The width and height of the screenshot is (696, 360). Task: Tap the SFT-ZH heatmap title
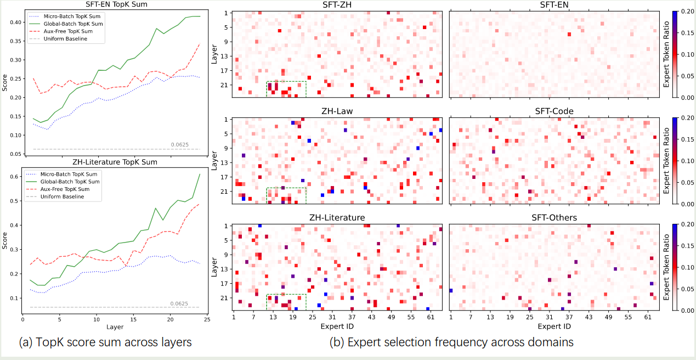(x=337, y=5)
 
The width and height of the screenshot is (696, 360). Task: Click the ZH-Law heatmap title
(x=337, y=111)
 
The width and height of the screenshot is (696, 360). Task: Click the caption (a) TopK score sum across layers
(x=105, y=342)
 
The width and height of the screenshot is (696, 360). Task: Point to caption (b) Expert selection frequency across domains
(x=451, y=342)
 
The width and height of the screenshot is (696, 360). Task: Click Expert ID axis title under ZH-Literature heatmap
(x=337, y=326)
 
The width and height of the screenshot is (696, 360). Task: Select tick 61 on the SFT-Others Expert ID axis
(x=648, y=318)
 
